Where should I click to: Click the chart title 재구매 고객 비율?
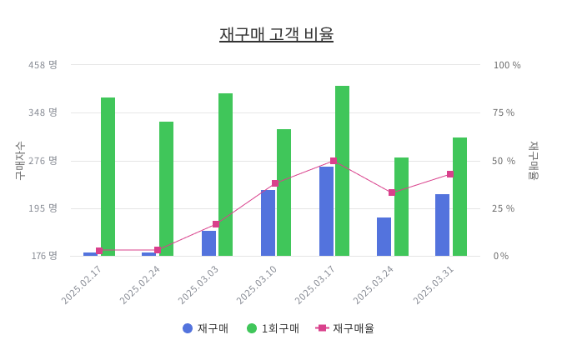click(x=276, y=35)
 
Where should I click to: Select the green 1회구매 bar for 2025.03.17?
click(x=342, y=171)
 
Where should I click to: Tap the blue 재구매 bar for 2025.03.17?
click(x=326, y=211)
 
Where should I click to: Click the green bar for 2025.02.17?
click(x=108, y=177)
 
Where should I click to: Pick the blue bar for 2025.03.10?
click(x=268, y=222)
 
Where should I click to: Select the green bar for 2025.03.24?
click(x=401, y=207)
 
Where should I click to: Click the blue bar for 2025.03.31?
click(x=442, y=225)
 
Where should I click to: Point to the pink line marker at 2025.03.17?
click(x=334, y=161)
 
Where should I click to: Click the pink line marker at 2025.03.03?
click(x=216, y=224)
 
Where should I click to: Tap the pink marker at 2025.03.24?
click(x=392, y=192)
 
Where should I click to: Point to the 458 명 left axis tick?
click(x=43, y=65)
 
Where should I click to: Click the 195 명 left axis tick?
click(x=43, y=208)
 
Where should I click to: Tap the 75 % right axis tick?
click(x=504, y=112)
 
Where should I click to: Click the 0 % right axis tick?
click(x=500, y=256)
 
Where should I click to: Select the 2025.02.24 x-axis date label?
click(x=140, y=285)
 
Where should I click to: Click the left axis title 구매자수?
click(x=21, y=160)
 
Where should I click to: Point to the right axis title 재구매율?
click(x=533, y=160)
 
